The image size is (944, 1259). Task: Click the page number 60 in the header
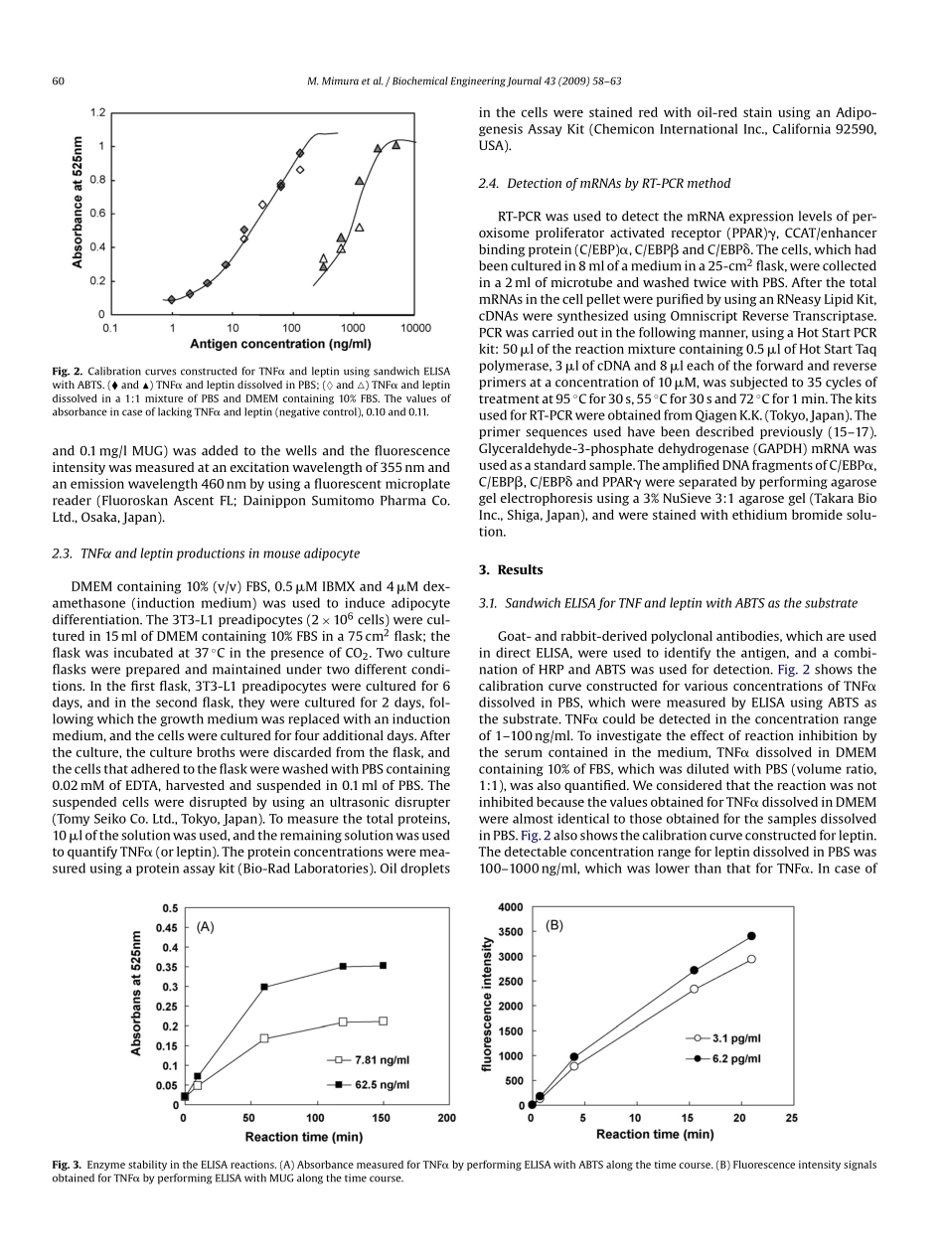coord(58,80)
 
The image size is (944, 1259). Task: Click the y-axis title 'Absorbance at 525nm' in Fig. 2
coord(78,203)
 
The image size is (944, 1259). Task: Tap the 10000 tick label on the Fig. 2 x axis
coord(414,327)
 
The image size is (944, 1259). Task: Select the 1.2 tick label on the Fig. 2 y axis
coord(97,112)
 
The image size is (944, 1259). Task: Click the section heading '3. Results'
coord(511,569)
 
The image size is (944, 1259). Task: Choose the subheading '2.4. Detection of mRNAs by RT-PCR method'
coord(604,183)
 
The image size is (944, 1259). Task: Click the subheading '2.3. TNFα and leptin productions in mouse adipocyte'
coord(206,552)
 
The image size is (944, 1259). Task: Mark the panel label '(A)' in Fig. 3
coord(205,926)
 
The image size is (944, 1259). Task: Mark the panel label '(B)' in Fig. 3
coord(554,925)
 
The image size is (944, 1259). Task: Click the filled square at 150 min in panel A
coord(383,965)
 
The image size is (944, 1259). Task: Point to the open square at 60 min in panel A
coord(264,1038)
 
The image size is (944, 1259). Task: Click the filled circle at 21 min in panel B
coord(751,936)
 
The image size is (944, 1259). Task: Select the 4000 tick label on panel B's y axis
coord(510,907)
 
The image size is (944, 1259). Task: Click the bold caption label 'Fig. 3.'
coord(68,1164)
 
